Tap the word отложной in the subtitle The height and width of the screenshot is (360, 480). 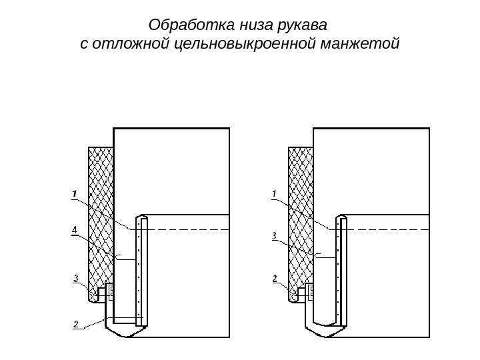tap(133, 45)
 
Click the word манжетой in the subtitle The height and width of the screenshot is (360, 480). tap(360, 45)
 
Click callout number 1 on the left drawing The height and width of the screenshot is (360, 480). tap(75, 193)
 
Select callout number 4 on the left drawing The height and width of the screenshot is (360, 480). tap(75, 231)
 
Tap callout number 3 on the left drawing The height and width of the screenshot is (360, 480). tap(77, 277)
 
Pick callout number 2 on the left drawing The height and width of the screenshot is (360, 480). tap(76, 324)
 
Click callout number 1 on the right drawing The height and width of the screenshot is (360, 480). tap(274, 193)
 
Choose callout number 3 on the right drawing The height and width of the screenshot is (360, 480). tap(274, 235)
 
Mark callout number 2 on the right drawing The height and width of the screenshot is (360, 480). tap(275, 277)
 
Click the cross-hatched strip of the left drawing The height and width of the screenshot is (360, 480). tap(101, 213)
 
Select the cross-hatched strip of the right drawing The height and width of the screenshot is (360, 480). tap(300, 213)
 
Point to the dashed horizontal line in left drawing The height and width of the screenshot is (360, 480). tap(187, 229)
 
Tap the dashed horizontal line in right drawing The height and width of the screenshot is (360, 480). tap(387, 229)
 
